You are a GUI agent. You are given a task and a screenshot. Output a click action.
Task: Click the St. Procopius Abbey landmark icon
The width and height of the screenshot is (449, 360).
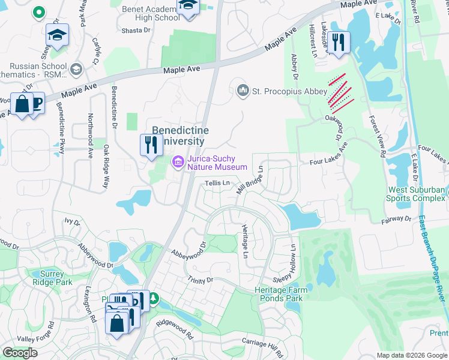point(243,91)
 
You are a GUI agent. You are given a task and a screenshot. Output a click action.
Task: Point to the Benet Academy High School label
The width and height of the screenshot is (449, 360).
point(151,13)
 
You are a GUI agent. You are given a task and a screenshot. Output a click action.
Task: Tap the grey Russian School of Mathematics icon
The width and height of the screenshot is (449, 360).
point(76,70)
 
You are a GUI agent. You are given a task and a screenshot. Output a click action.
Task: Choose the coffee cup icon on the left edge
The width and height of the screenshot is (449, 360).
point(37,104)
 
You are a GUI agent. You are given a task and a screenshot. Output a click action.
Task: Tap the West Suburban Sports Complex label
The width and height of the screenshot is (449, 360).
point(416,194)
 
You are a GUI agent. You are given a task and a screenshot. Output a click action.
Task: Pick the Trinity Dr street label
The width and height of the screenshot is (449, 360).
point(200,280)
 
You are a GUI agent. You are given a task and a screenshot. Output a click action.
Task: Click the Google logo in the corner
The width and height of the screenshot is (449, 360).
point(20,353)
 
